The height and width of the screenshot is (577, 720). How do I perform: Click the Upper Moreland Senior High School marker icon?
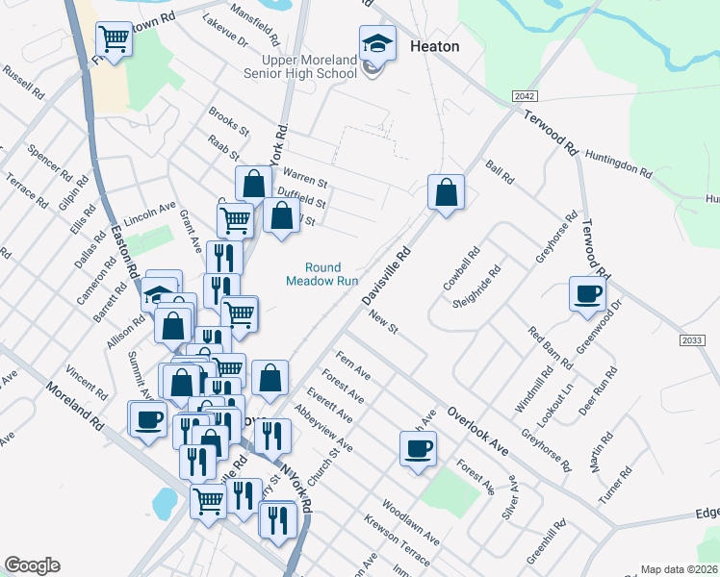point(377,42)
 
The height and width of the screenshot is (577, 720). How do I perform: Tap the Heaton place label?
point(434,46)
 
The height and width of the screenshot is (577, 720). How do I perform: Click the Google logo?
point(32,565)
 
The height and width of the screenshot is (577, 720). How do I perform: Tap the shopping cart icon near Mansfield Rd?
point(114,40)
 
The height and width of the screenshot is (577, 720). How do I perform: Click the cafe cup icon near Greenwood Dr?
point(586,294)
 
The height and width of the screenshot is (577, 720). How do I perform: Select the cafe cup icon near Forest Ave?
point(418,448)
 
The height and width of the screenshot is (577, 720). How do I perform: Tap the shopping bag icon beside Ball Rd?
point(446,192)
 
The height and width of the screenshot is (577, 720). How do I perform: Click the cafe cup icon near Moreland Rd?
point(148,419)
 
